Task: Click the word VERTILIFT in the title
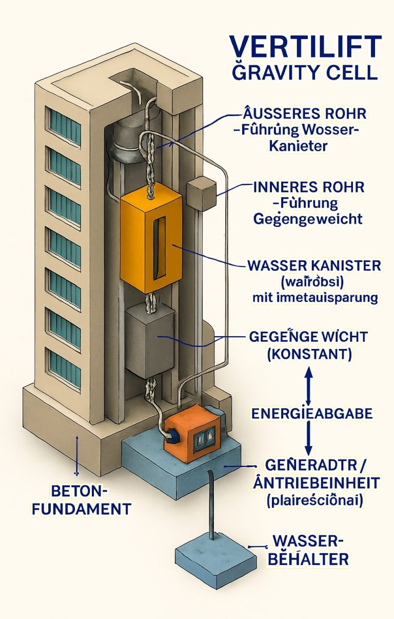[x=305, y=47]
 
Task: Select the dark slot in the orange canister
[x=160, y=244]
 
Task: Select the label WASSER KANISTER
[x=314, y=266]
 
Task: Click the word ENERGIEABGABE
[x=311, y=413]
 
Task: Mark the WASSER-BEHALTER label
[x=308, y=549]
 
